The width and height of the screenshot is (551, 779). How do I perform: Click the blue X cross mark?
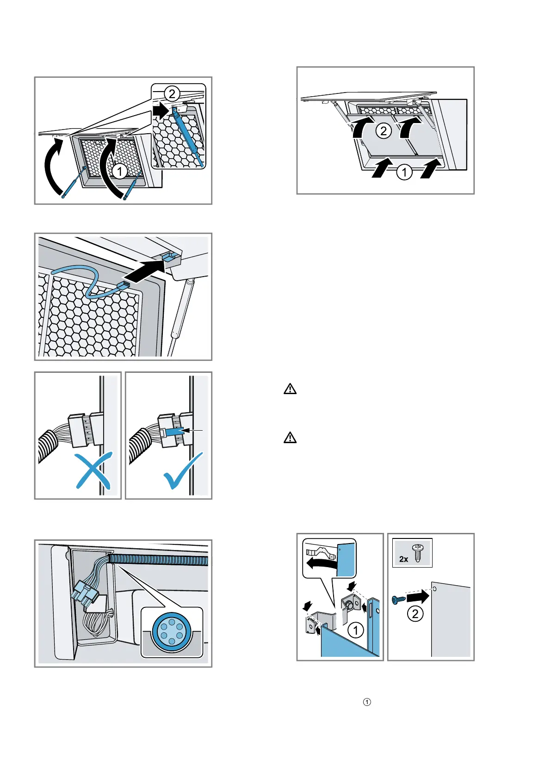pos(93,471)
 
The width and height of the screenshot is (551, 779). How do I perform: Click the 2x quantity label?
pos(403,559)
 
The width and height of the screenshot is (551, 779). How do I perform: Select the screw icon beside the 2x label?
pos(418,553)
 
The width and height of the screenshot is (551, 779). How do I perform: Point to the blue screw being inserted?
pos(398,600)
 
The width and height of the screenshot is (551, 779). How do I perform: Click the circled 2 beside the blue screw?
pos(415,614)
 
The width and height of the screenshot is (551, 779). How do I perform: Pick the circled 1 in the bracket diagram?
pos(355,630)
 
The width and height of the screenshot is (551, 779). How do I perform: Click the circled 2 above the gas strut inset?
pos(172,94)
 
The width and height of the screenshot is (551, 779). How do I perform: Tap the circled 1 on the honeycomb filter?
pos(120,172)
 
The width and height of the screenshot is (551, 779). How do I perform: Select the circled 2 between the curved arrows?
pos(384,131)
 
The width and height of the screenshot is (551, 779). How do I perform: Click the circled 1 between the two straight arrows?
pos(404,173)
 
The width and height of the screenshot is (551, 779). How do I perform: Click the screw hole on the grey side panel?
pos(434,589)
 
